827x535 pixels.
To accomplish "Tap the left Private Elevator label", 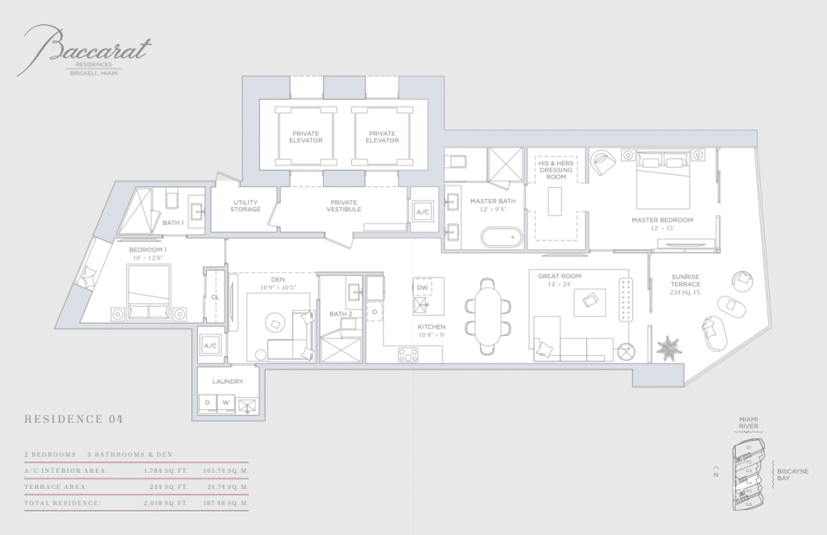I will [x=306, y=136].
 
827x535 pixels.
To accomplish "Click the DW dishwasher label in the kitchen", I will [x=422, y=287].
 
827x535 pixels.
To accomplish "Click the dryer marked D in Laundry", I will [x=208, y=402].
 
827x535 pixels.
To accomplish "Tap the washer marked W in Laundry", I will [x=226, y=402].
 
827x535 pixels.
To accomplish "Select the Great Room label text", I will [x=560, y=276].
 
